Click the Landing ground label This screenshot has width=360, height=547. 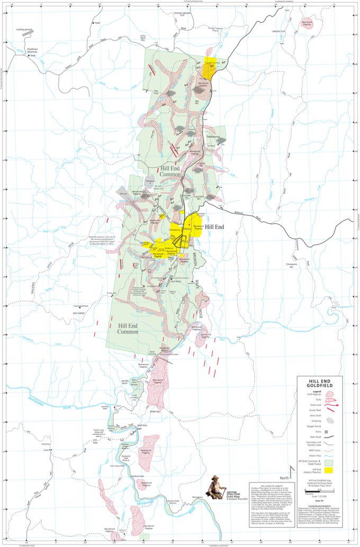click(x=24, y=30)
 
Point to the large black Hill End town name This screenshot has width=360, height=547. click(x=215, y=226)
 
